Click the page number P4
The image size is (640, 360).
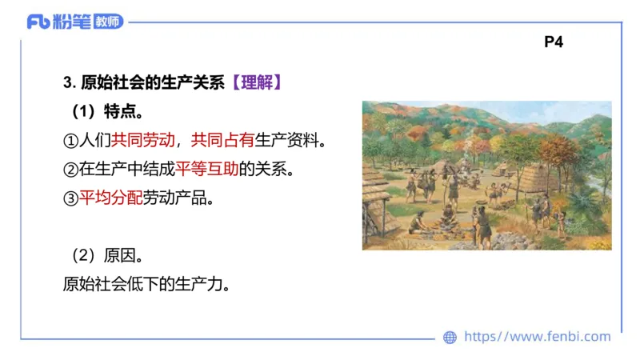tap(554, 42)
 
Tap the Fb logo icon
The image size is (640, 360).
tap(38, 22)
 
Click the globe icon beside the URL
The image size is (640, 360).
tap(450, 338)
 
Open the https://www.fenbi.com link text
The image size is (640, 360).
tap(537, 337)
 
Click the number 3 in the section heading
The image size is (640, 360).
tap(66, 82)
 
